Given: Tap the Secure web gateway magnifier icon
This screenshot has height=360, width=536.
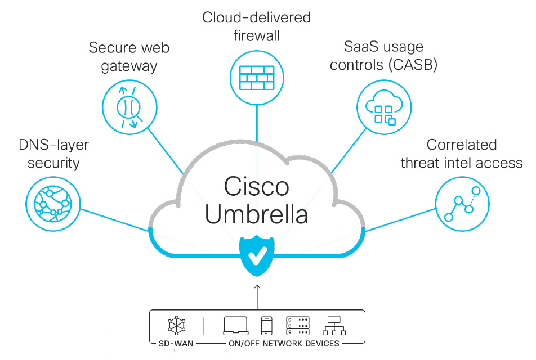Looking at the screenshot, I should (x=127, y=104).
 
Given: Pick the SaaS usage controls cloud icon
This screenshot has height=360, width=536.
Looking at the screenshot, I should (x=381, y=105).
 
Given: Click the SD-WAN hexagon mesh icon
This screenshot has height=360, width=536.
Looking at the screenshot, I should (x=176, y=325).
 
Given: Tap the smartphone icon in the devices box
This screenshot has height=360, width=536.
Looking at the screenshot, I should (x=267, y=326).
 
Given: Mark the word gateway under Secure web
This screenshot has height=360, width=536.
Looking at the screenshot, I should (x=129, y=66).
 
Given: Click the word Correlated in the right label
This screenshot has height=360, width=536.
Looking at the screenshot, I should (x=461, y=145).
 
